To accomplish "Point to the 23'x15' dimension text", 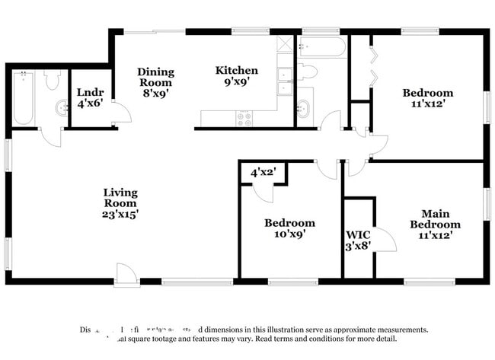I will [120, 214].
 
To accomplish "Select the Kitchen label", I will [237, 71].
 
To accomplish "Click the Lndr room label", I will [90, 93].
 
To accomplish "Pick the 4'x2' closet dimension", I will [263, 173].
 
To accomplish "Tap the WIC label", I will [359, 234].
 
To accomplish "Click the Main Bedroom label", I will [435, 219].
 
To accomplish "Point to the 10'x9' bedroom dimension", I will [289, 234].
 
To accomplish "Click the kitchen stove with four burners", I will [244, 118].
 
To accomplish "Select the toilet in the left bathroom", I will [53, 79].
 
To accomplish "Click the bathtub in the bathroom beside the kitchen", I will [322, 47].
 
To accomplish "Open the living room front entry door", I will [126, 275].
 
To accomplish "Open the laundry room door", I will [120, 113].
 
